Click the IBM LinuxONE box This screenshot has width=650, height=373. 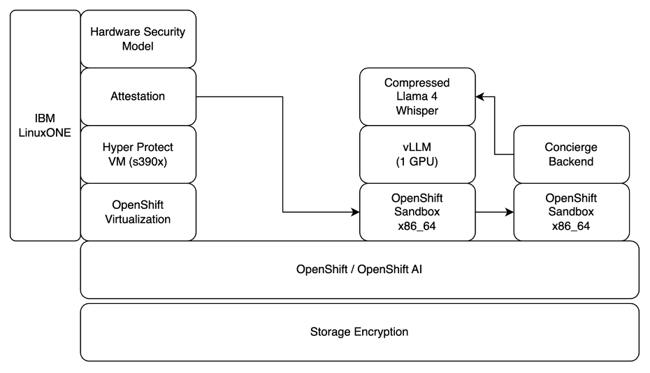click(x=45, y=126)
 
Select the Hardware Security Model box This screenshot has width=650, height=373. click(x=138, y=39)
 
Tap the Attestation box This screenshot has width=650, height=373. click(x=138, y=96)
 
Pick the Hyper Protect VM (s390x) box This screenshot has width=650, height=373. click(x=138, y=154)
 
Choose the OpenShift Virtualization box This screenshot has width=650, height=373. click(x=138, y=212)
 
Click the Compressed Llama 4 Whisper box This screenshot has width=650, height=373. click(x=417, y=96)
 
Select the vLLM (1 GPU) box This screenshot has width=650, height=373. click(x=417, y=154)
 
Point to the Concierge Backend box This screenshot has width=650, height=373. click(x=572, y=154)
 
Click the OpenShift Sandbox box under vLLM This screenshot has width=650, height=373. click(x=417, y=212)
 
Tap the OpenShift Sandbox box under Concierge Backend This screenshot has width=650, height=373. click(x=572, y=212)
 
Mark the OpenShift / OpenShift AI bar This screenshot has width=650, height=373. click(x=359, y=269)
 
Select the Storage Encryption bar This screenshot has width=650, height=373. click(x=359, y=332)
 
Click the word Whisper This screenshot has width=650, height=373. click(x=417, y=110)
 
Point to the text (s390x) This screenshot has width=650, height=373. click(x=158, y=161)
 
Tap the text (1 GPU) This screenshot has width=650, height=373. click(x=417, y=161)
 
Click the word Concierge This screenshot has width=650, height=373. click(x=572, y=147)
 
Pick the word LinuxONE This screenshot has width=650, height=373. click(x=45, y=132)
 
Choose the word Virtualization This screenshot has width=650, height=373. click(x=138, y=219)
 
